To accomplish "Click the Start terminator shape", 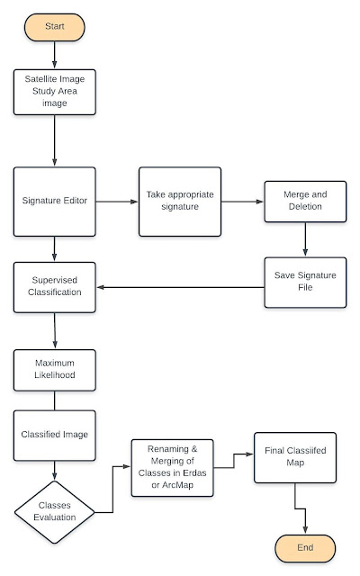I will pos(55,27).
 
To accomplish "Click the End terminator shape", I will pos(306,547).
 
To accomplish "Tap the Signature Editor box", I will pos(55,201).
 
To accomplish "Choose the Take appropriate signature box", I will pos(179,201).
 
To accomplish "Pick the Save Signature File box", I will pos(305,282).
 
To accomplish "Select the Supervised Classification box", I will pos(55,287).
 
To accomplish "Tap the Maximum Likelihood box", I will pos(55,370).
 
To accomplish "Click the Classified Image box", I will pos(55,434).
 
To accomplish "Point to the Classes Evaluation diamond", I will pos(55,511).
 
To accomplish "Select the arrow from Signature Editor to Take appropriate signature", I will pos(117,201).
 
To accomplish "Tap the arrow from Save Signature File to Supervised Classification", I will pos(180,288).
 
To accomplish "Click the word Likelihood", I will pos(55,376).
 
